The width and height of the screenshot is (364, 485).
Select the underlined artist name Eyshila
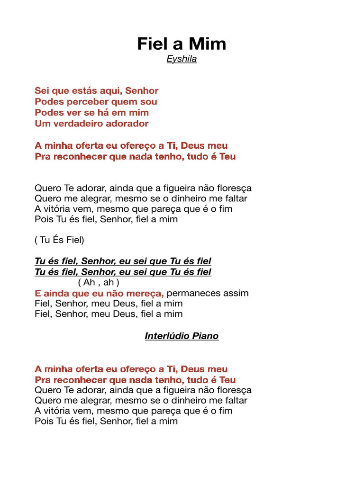[182, 59]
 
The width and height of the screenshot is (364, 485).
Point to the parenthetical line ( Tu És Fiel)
[59, 240]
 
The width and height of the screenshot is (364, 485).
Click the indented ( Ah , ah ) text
[95, 283]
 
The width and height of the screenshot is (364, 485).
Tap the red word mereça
[147, 293]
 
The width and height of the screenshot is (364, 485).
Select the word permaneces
[195, 293]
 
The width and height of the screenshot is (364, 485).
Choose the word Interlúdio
[166, 336]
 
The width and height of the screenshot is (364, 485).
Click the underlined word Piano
[205, 336]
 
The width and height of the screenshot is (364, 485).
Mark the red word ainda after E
[57, 293]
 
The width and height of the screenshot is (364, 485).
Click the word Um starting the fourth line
[41, 124]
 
